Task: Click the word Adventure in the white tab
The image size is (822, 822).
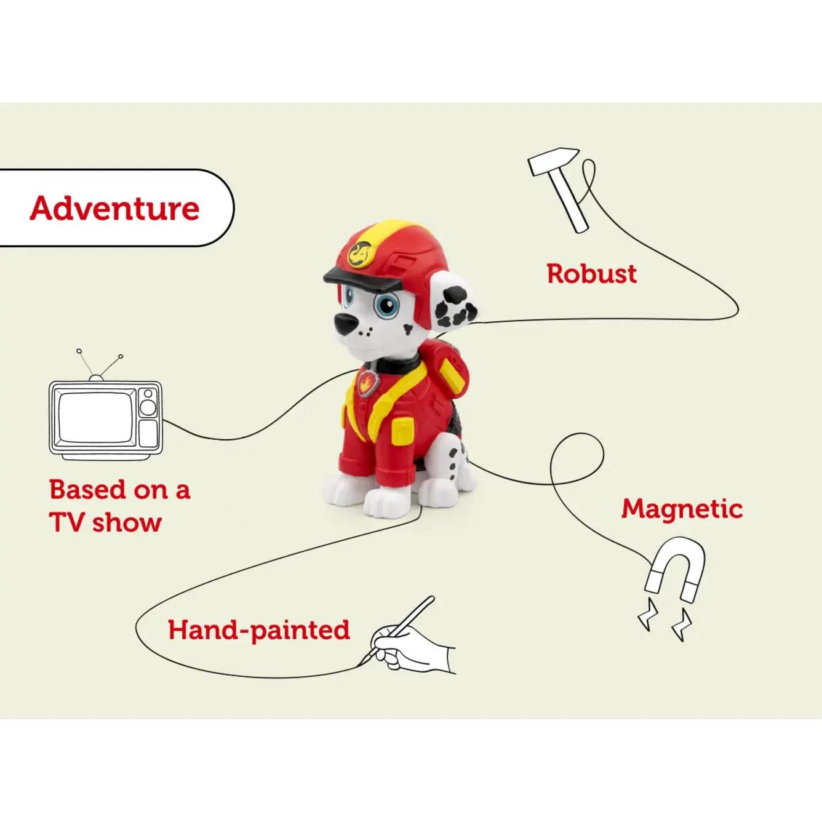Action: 115,208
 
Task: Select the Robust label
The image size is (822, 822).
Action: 591,274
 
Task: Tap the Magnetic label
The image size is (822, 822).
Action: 682,509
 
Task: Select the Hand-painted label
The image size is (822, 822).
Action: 259,630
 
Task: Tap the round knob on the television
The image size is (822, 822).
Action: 148,407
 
